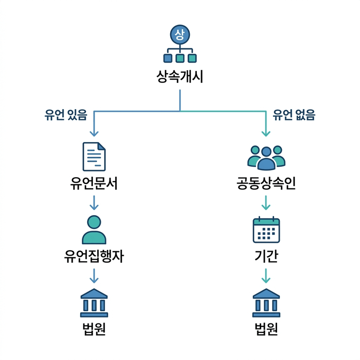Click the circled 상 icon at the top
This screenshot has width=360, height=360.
[180, 34]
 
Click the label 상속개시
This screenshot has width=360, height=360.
[180, 76]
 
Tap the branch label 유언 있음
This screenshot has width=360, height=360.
[66, 115]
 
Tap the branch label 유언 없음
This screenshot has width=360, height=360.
[294, 115]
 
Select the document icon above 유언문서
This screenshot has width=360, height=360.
[94, 157]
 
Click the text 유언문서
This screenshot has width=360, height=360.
[94, 184]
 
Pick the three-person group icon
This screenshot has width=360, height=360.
[266, 157]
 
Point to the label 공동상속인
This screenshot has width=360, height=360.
[266, 184]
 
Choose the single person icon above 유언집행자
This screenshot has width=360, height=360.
[94, 230]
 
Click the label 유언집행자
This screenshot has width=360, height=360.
[94, 257]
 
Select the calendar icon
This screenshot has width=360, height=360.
[266, 230]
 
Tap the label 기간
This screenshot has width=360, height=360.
[266, 257]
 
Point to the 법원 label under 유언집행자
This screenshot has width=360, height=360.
[94, 330]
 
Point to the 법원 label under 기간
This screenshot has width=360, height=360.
[266, 330]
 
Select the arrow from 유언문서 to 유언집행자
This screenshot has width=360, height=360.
[94, 202]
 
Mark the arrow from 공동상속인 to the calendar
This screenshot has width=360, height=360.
[266, 202]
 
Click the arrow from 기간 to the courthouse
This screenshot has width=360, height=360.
[266, 276]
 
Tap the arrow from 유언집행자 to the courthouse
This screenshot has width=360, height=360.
[94, 276]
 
